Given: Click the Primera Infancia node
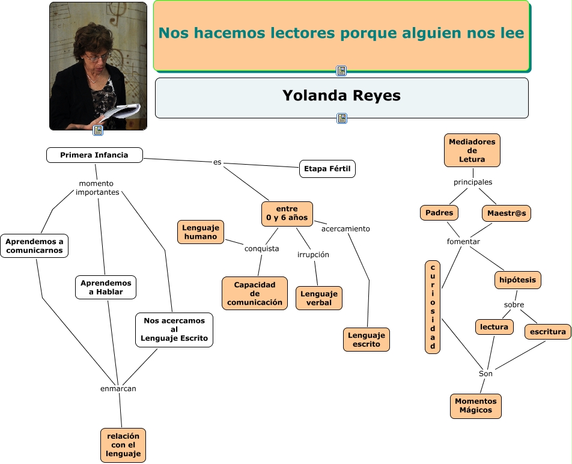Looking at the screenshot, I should [x=95, y=155].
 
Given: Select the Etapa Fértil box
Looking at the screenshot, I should [x=327, y=169].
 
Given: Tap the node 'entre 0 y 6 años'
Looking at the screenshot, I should [x=287, y=213].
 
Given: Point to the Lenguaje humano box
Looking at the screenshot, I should [x=201, y=232].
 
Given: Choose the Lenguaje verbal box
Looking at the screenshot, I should [x=319, y=298].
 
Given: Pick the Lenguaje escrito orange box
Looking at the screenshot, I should [x=367, y=340].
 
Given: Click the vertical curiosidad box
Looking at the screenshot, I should [x=433, y=307].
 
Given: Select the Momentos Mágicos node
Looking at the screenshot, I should [x=476, y=406].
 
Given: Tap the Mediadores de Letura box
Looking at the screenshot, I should [x=472, y=150].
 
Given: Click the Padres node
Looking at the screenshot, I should [x=439, y=213].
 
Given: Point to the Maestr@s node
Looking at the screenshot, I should [x=507, y=213].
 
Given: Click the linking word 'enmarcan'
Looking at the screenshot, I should [x=118, y=389].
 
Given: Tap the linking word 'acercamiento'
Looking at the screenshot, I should [x=345, y=229].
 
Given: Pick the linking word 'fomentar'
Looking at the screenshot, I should [x=463, y=242].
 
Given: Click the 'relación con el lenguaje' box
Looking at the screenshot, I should [x=123, y=445].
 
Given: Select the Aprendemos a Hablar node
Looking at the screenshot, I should [x=106, y=287].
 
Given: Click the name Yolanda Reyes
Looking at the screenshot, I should [x=341, y=96].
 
